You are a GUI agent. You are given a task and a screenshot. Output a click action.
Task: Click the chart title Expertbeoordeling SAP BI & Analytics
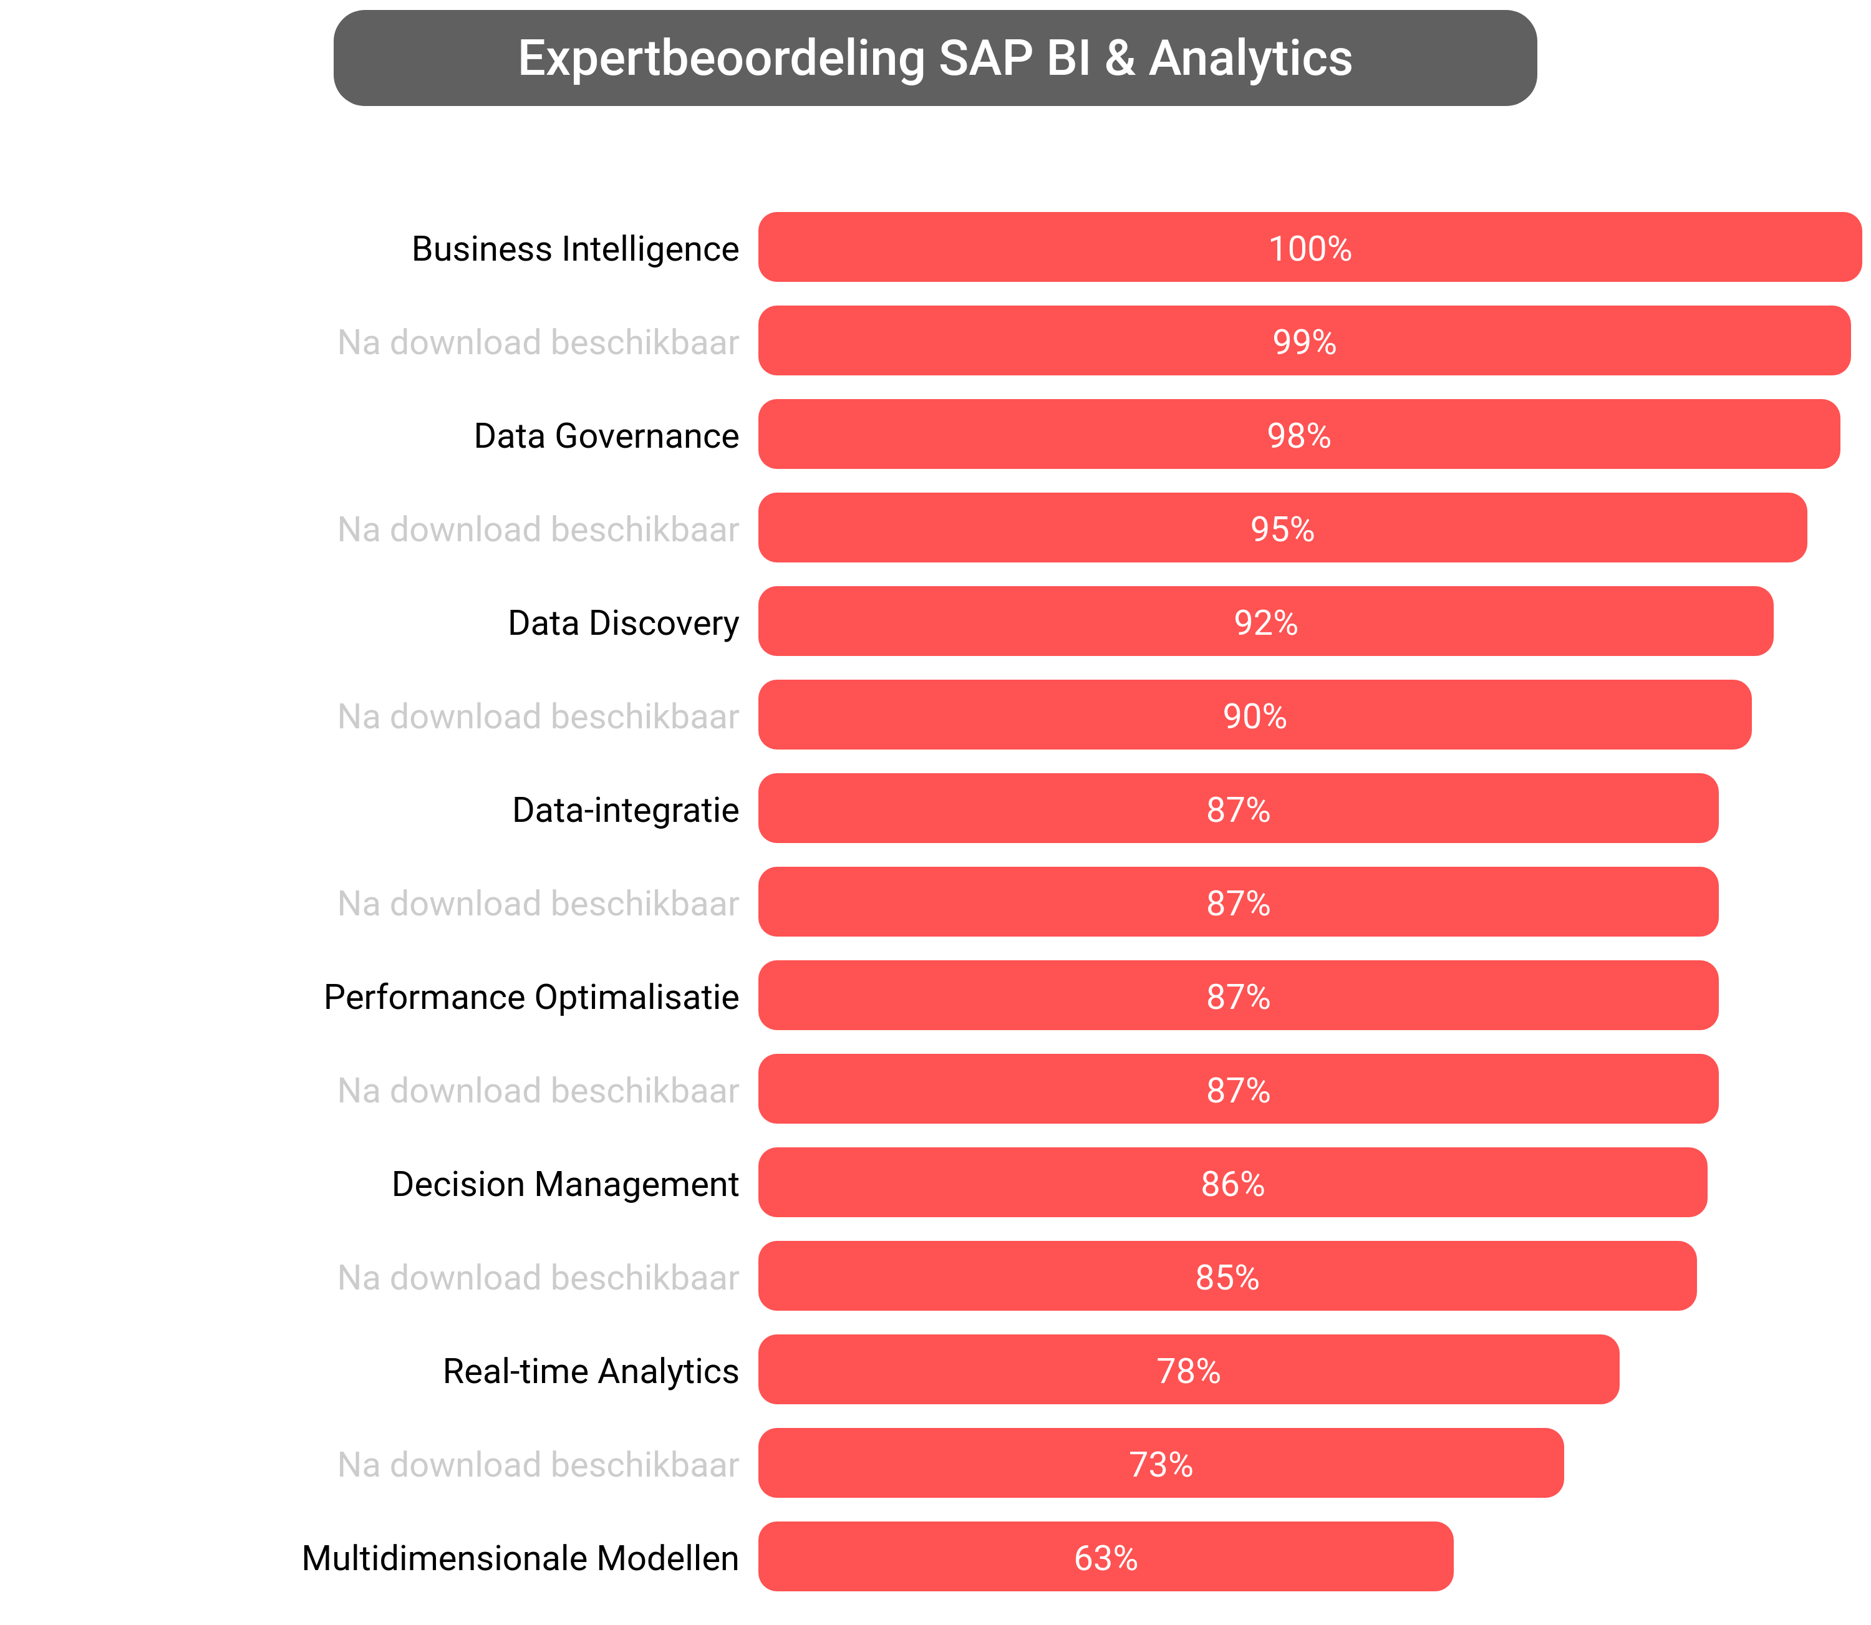click(x=934, y=58)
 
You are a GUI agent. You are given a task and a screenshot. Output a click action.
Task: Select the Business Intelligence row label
click(x=575, y=248)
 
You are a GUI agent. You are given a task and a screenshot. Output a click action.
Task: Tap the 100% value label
click(x=1310, y=248)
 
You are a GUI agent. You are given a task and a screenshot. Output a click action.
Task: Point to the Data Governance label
click(x=606, y=435)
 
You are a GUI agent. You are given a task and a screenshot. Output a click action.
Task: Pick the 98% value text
click(x=1298, y=435)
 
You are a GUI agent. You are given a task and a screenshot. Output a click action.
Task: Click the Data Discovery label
click(x=623, y=622)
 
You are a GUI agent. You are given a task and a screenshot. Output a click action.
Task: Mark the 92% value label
click(x=1265, y=622)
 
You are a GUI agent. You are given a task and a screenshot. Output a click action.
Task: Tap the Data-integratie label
click(x=625, y=809)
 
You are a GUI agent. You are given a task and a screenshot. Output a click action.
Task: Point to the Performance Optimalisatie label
click(x=531, y=996)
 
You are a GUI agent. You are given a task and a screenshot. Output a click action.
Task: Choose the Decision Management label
click(x=565, y=1184)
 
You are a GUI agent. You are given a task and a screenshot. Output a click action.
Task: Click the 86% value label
click(x=1232, y=1184)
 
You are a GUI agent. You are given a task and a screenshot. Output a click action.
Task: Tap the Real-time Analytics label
click(x=591, y=1370)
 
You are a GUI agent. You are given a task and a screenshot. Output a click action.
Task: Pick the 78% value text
click(x=1188, y=1370)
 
